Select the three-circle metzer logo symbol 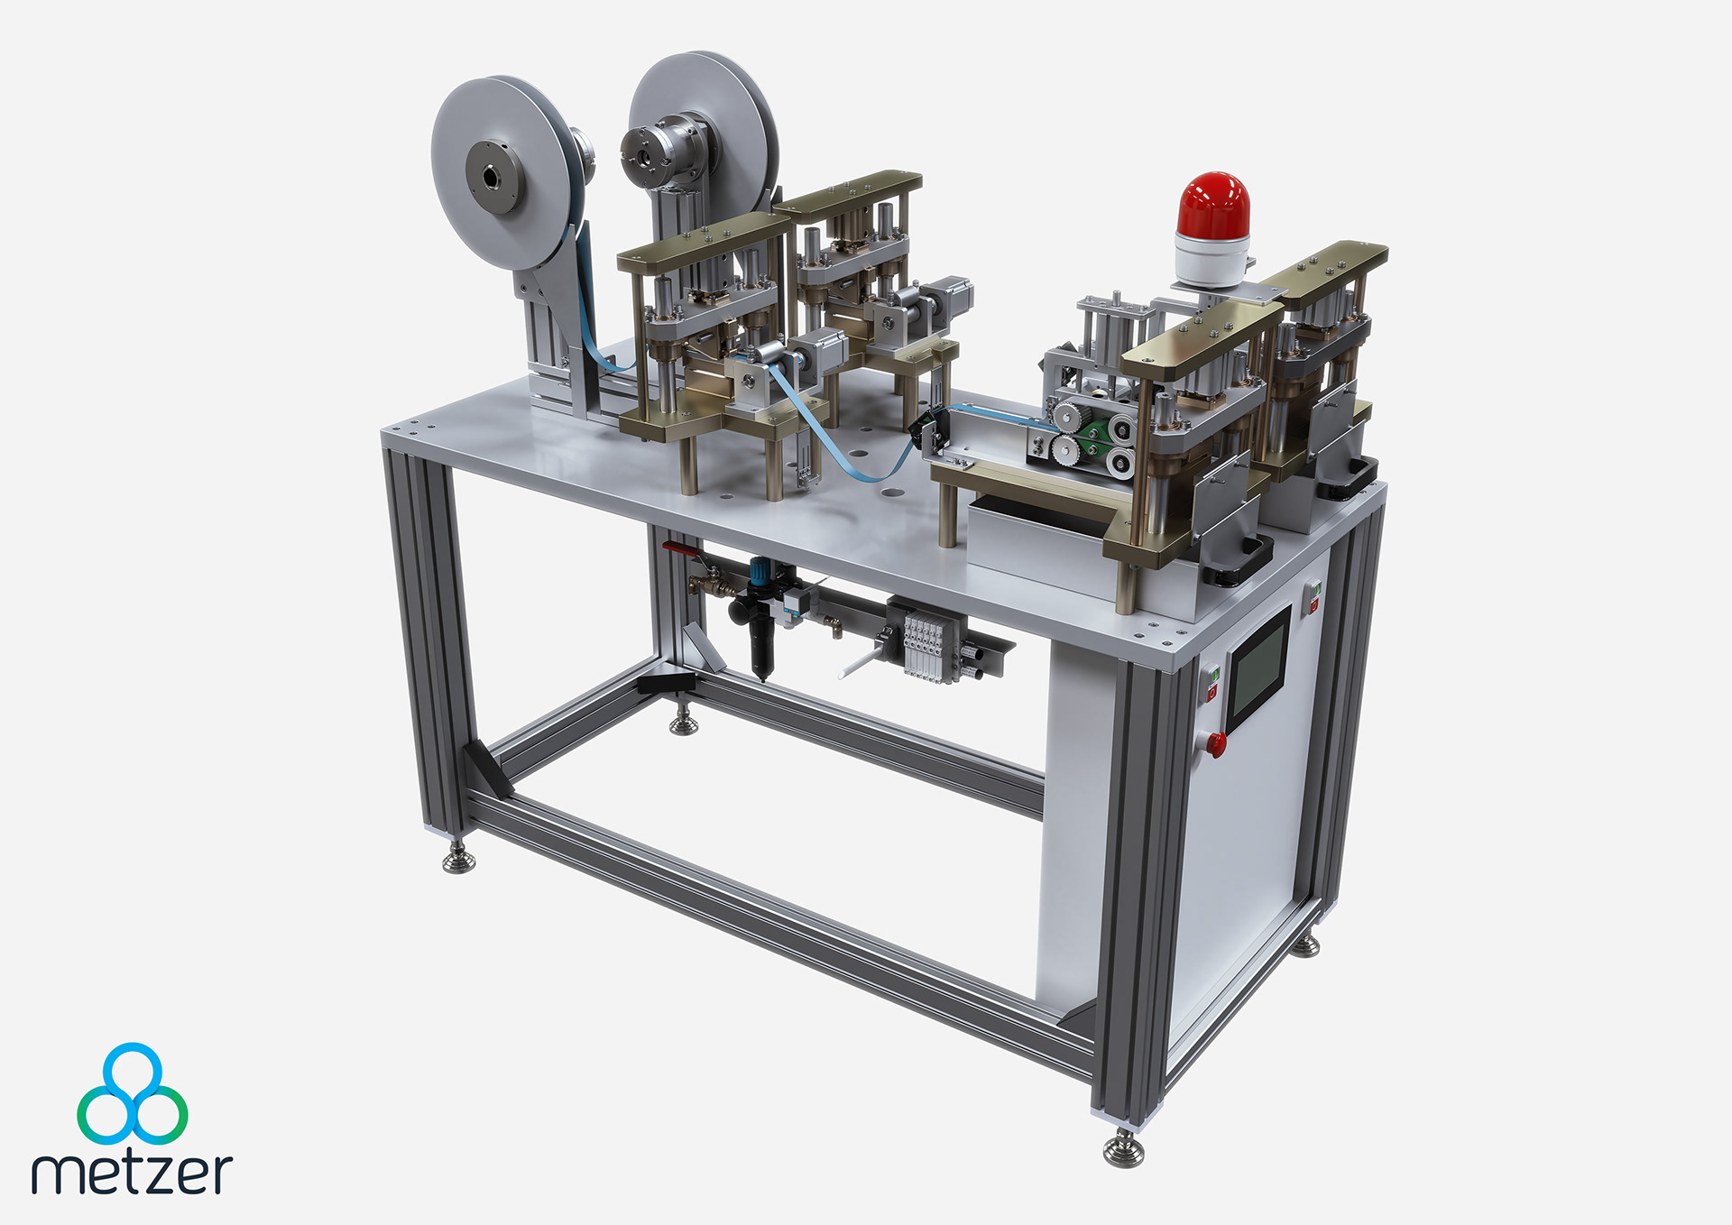point(133,1093)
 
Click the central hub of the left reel point(493,177)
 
